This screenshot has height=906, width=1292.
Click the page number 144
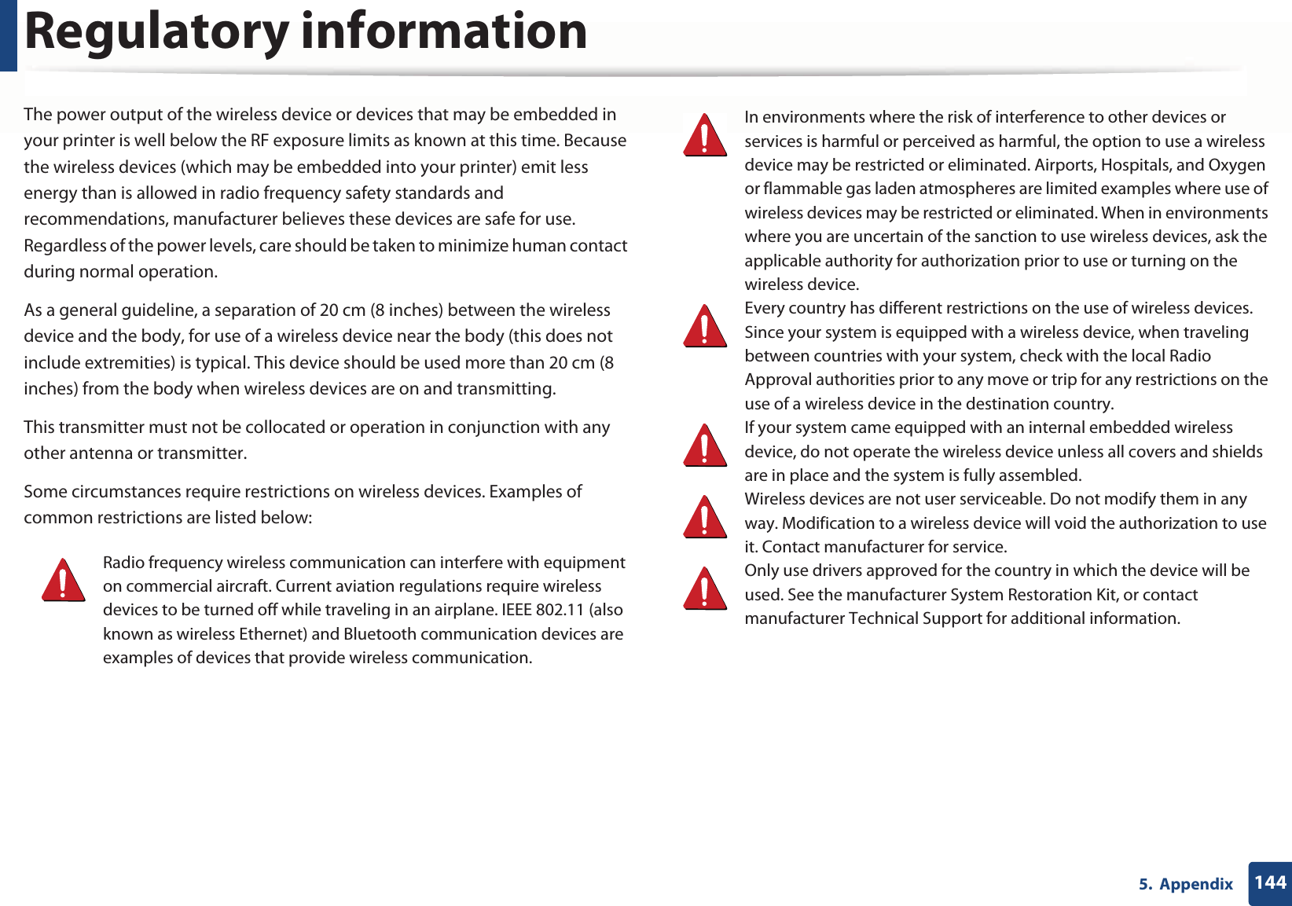pyautogui.click(x=1270, y=882)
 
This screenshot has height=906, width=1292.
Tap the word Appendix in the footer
pyautogui.click(x=1196, y=884)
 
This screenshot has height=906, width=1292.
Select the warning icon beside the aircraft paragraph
pyautogui.click(x=64, y=581)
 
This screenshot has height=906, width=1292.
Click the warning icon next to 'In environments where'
pyautogui.click(x=705, y=135)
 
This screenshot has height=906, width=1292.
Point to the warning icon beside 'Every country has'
pyautogui.click(x=705, y=327)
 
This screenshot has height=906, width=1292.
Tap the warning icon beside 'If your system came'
pyautogui.click(x=705, y=446)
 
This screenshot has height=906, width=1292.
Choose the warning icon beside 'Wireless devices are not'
pyautogui.click(x=705, y=517)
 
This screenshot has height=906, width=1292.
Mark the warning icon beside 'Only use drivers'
pyautogui.click(x=705, y=589)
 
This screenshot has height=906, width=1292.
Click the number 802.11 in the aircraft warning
pyautogui.click(x=560, y=610)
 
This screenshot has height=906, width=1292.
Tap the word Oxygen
pyautogui.click(x=1236, y=165)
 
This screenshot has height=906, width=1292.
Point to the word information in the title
pyautogui.click(x=444, y=33)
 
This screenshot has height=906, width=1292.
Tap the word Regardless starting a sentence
pyautogui.click(x=64, y=246)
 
